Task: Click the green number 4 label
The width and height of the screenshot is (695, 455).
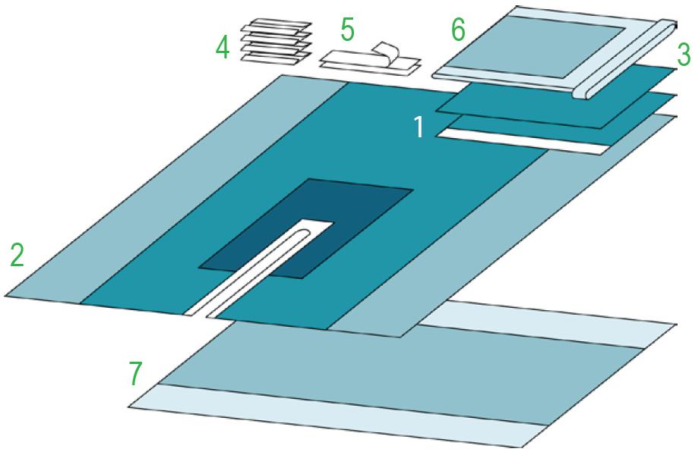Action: (223, 48)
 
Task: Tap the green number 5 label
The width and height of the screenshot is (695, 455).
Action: (348, 30)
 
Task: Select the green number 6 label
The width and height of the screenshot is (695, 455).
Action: (458, 30)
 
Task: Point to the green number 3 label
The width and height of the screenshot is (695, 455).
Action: (684, 55)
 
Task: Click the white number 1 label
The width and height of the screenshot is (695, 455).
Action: (419, 127)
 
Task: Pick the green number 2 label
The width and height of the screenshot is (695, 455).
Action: (17, 256)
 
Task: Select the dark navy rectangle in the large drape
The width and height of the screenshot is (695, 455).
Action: (306, 228)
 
